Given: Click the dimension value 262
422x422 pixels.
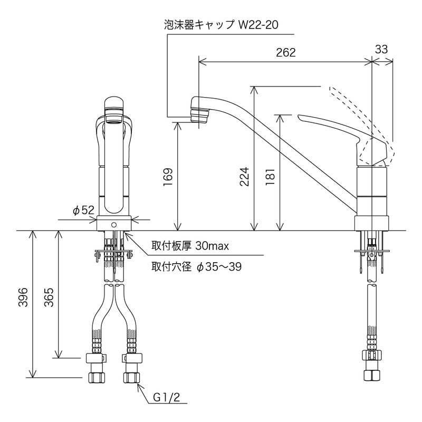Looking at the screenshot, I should point(285,53).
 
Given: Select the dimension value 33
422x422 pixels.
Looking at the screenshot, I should point(381,49).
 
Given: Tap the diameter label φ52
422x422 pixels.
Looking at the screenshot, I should point(83,210).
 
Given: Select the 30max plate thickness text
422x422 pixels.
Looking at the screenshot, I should point(208,246).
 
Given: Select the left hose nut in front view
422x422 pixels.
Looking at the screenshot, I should point(97,378).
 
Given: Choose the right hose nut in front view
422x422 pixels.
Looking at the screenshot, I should point(131,378).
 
